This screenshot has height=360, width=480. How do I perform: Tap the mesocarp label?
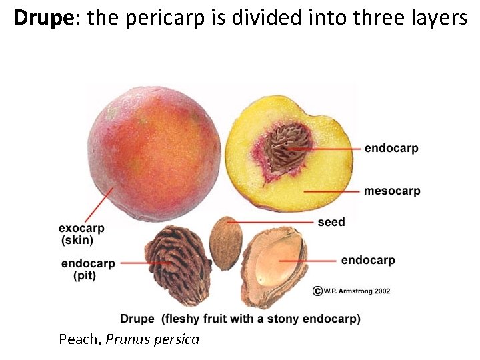[x=392, y=191]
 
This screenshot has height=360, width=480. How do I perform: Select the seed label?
[x=331, y=222]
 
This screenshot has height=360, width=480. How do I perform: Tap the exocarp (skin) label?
[x=81, y=234]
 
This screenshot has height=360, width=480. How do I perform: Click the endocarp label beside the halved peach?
[x=391, y=148]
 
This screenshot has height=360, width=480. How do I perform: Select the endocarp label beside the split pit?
[x=368, y=260]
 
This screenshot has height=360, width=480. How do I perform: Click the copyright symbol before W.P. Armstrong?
[x=318, y=291]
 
